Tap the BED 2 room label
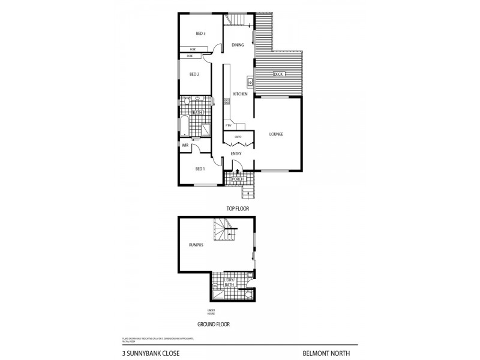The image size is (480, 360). (194, 74)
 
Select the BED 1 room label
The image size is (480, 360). (200, 169)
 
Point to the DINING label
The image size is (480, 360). (238, 44)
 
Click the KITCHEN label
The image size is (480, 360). (240, 94)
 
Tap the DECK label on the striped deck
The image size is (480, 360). (278, 74)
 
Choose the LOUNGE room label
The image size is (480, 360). (276, 134)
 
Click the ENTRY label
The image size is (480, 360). (236, 154)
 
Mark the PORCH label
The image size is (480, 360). (237, 179)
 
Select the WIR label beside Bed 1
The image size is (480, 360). (185, 145)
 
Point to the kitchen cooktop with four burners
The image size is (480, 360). (226, 101)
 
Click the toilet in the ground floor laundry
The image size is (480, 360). (249, 295)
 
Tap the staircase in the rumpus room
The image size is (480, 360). (224, 231)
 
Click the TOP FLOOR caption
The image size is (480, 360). (237, 208)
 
